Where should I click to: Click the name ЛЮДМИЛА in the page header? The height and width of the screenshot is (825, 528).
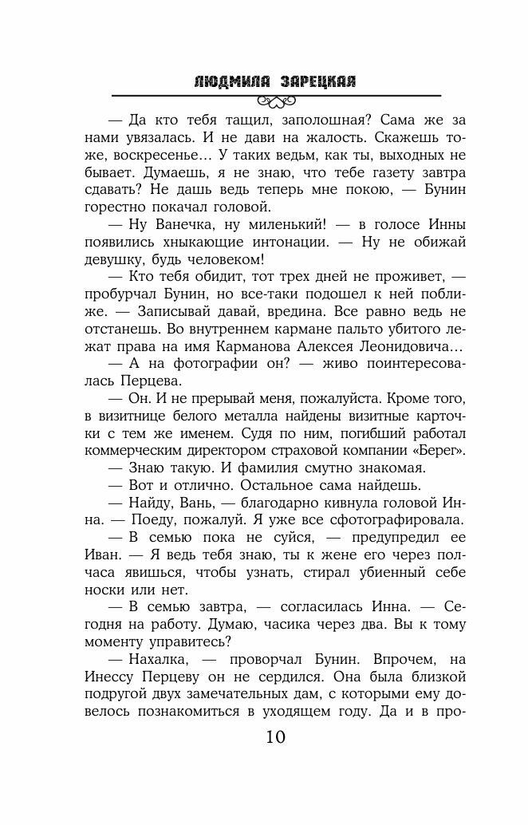point(231,81)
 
